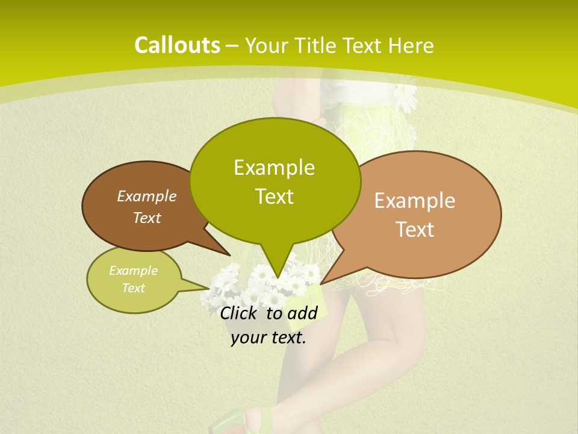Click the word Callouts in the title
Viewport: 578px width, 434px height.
(x=177, y=45)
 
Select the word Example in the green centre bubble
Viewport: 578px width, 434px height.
(x=274, y=168)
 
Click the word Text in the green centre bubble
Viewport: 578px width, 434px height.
(x=274, y=197)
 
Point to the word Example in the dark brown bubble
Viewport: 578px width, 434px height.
(x=146, y=196)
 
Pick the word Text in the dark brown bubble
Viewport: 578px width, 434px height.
(x=146, y=218)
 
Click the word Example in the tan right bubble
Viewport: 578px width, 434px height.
(x=415, y=201)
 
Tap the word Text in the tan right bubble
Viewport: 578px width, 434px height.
(x=415, y=230)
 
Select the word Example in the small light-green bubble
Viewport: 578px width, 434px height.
(x=133, y=271)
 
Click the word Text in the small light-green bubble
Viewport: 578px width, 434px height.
(x=133, y=288)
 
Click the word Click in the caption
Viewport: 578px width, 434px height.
(x=240, y=313)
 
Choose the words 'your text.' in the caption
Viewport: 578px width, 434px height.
(x=269, y=338)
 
